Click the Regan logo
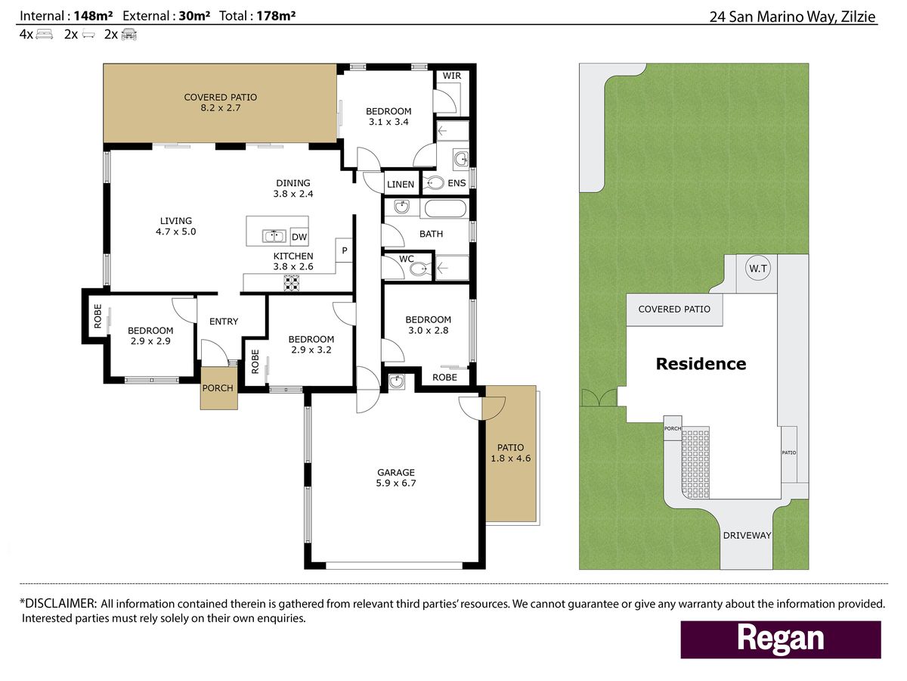click(x=781, y=639)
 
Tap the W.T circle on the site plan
click(x=758, y=269)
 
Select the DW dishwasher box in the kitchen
click(x=299, y=237)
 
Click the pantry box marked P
click(x=344, y=250)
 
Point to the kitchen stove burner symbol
click(x=291, y=283)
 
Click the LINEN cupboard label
click(x=401, y=185)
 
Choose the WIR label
click(x=452, y=76)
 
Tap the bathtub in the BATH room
click(x=445, y=209)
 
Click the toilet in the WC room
click(x=419, y=269)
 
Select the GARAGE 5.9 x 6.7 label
click(x=396, y=477)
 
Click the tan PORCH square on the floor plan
click(x=218, y=388)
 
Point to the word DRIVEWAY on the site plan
click(x=747, y=536)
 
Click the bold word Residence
click(x=701, y=364)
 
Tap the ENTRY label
click(x=224, y=322)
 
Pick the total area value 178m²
click(x=276, y=16)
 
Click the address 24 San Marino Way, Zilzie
click(x=793, y=17)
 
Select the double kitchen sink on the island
click(x=274, y=237)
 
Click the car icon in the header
click(x=129, y=34)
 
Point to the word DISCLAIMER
click(x=60, y=604)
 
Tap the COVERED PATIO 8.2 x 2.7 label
click(x=220, y=103)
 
